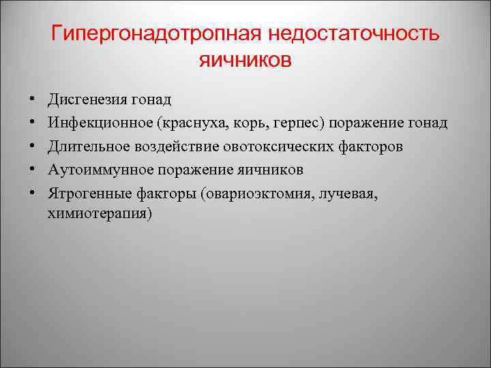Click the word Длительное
pyautogui.click(x=85, y=147)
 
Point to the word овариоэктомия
pyautogui.click(x=256, y=193)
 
